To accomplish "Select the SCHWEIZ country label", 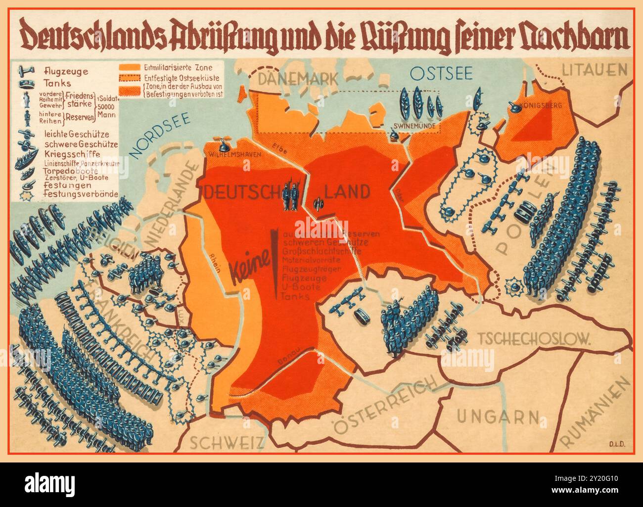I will tap(221, 442).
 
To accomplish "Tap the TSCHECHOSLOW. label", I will tap(535, 338).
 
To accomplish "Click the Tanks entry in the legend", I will tap(58, 84).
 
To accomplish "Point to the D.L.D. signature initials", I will tap(615, 444).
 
